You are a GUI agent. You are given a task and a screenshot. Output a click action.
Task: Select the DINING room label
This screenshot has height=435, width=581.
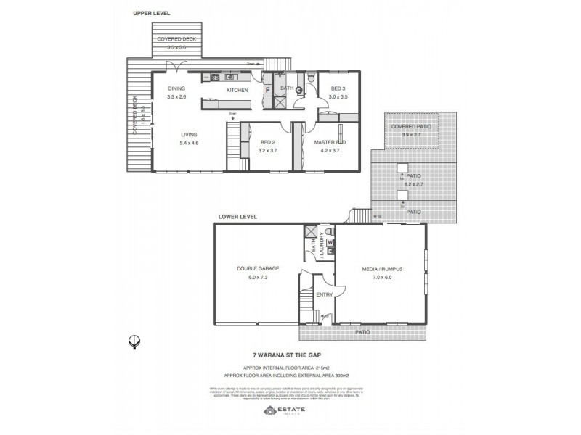[176, 89]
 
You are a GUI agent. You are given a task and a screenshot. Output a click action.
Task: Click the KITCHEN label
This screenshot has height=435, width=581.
[237, 90]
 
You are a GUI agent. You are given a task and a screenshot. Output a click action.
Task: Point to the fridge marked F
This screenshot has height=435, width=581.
[267, 90]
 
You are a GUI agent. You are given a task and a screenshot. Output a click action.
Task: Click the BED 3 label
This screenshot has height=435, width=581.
[338, 88]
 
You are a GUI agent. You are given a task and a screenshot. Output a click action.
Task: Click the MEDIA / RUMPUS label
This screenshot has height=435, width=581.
[382, 268]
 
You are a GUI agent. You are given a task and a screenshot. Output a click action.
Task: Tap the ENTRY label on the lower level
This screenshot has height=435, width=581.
[323, 295]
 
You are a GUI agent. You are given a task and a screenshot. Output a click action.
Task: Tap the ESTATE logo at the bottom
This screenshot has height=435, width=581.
[290, 411]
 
